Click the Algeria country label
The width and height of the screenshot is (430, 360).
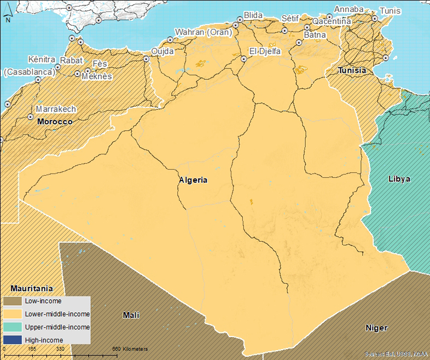click(x=193, y=179)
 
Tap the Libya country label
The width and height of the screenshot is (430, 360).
click(x=399, y=179)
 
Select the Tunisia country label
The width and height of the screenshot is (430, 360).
click(x=352, y=71)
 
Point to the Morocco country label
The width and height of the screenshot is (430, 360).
click(x=55, y=121)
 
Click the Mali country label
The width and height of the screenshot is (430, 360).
click(x=131, y=315)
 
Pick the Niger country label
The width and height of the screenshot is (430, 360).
click(x=376, y=328)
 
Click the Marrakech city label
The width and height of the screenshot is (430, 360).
click(x=56, y=109)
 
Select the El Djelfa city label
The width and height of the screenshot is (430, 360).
click(x=265, y=51)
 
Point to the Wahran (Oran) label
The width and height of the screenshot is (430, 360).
click(x=203, y=32)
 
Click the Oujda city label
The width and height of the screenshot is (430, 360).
click(x=162, y=51)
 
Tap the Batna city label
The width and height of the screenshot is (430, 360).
click(x=315, y=35)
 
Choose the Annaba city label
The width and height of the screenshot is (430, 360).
click(x=348, y=9)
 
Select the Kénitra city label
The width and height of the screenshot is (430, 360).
click(x=42, y=59)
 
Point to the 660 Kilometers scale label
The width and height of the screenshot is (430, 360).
click(x=130, y=349)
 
